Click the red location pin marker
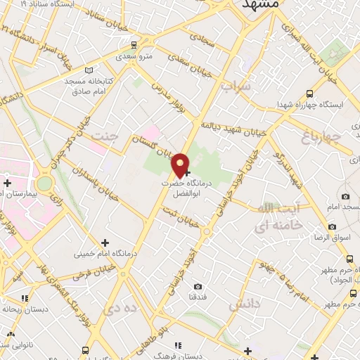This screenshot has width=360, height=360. coord(181,165)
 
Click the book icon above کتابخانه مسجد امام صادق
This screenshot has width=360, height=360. coord(88,70)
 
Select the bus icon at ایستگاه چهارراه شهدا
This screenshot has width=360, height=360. coord(311,93)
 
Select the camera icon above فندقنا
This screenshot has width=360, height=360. coord(198,286)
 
